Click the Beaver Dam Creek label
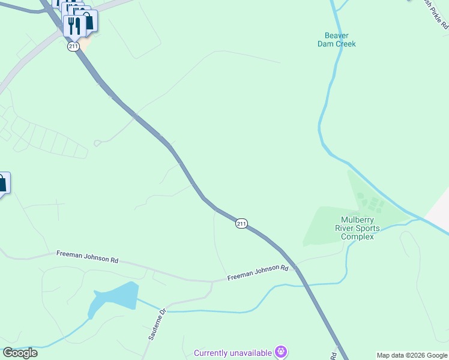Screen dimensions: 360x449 point(336,40)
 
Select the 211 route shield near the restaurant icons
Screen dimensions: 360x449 point(73,46)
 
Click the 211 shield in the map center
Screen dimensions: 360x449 point(241,223)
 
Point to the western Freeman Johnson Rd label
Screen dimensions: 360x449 point(87,257)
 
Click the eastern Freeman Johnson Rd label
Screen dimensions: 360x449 point(258,273)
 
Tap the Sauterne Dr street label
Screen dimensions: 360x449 point(157,325)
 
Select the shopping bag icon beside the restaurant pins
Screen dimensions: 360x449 point(88,21)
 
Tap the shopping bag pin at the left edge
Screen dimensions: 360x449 point(2,183)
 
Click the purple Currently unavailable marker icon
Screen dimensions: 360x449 point(280,351)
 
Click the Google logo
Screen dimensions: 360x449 point(20,353)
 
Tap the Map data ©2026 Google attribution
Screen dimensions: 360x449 point(412,355)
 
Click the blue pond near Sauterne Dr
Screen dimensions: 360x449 point(114,296)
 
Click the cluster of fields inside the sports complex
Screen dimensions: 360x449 point(369,201)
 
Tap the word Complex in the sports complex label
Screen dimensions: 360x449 point(357,236)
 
